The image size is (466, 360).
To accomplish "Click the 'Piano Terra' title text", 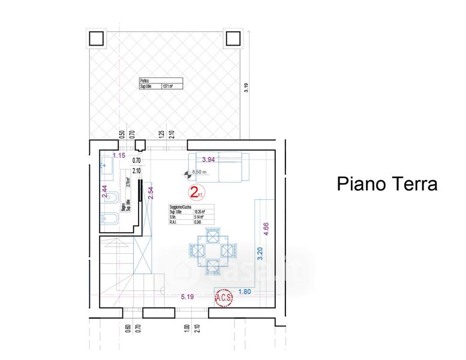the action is click(x=386, y=184).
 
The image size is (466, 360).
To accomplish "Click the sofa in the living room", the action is click(x=218, y=167).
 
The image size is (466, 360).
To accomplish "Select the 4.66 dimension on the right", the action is click(x=267, y=231).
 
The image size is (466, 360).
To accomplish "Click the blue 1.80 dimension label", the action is click(x=244, y=292).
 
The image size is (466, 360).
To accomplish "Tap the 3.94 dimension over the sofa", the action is click(x=208, y=160).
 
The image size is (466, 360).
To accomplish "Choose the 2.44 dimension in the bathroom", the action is click(x=104, y=191).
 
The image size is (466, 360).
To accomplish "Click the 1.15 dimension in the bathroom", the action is click(x=119, y=156).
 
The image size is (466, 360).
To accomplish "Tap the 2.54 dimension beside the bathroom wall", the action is click(x=151, y=191).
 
